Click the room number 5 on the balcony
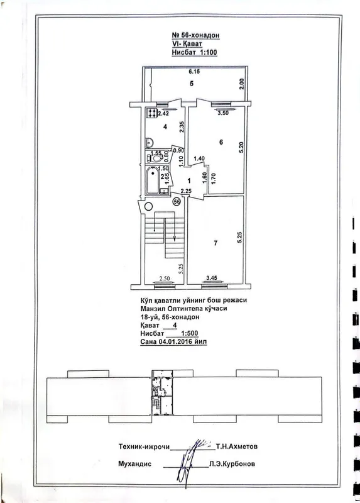[192, 84]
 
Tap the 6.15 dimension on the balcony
[195, 72]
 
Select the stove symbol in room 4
[151, 113]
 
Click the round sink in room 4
[149, 141]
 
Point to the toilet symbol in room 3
[155, 158]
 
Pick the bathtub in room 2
[152, 180]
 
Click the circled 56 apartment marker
[177, 201]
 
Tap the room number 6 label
[221, 142]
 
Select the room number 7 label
[215, 243]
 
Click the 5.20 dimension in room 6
[242, 147]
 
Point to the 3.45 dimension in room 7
[212, 278]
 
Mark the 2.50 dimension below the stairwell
[164, 279]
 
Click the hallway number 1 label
[189, 181]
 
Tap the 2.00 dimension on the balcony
[242, 84]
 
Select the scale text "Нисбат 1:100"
[195, 52]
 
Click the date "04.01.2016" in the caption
[175, 341]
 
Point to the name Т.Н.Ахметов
[237, 446]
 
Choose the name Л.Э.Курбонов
[232, 464]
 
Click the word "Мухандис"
[134, 464]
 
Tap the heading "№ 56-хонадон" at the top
[196, 36]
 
